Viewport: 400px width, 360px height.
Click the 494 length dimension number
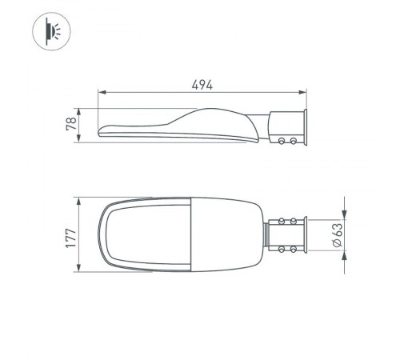point(203,84)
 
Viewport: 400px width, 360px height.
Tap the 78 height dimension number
point(71,125)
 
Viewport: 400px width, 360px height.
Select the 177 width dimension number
point(71,235)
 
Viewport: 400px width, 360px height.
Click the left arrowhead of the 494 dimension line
point(99,94)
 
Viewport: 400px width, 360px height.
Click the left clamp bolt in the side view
point(282,141)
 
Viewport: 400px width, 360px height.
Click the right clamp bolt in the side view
point(294,141)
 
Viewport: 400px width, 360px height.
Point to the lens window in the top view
point(147,235)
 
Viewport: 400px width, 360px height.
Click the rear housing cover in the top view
point(227,235)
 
